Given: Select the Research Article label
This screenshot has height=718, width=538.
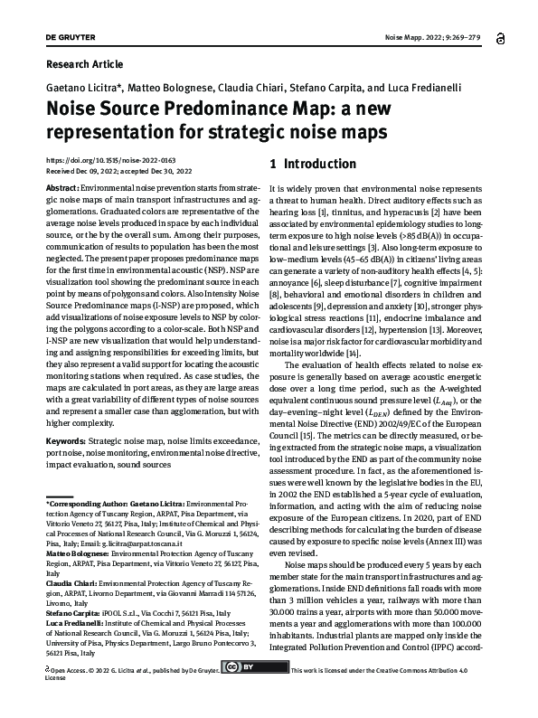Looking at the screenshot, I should pos(84,64).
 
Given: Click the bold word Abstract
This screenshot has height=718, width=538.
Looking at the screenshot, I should pos(61,186).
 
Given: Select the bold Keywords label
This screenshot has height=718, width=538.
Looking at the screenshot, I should pos(68,440).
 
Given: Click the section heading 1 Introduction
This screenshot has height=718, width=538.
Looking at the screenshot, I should pos(288,165).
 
